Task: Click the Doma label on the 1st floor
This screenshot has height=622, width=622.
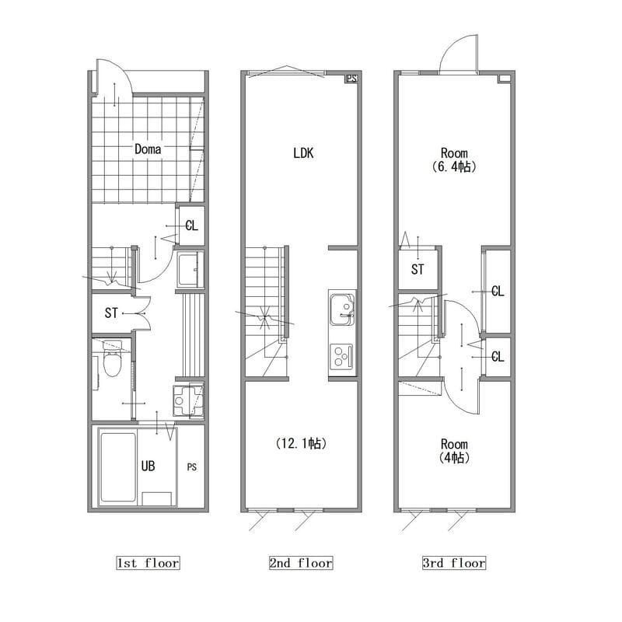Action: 148,149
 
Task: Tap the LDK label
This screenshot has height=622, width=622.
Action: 303,153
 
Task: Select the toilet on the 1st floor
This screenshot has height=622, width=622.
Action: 113,358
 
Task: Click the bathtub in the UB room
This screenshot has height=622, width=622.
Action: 118,468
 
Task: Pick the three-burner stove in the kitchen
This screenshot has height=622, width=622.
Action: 342,356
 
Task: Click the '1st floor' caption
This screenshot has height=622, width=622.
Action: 148,563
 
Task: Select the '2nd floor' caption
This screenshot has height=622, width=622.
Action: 301,563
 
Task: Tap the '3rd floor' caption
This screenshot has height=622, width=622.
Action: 454,563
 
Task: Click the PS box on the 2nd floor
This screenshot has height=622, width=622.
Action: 351,79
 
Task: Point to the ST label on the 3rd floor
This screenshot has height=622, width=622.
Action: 418,270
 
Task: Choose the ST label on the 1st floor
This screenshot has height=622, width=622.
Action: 111,313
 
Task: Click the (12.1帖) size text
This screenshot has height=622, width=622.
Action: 301,443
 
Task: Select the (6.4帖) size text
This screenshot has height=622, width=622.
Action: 454,166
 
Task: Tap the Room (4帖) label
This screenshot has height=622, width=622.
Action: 454,451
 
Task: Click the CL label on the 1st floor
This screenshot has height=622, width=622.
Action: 191,225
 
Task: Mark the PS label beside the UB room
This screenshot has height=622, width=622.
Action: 191,467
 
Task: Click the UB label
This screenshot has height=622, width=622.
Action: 148,466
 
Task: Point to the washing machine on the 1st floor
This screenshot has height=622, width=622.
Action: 189,400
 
